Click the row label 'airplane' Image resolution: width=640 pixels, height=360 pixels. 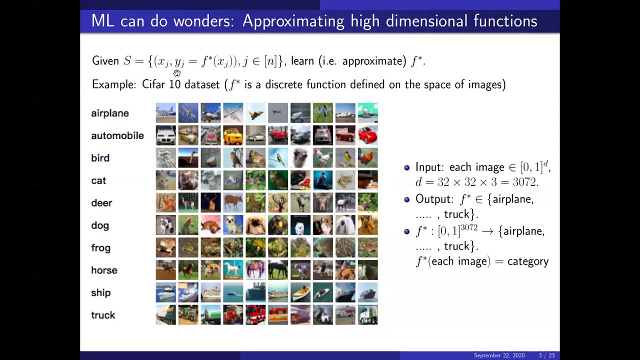110,113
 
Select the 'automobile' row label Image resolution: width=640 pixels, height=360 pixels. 117,135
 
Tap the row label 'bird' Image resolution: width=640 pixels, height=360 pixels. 100,158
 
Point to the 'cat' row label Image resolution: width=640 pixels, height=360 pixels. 98,180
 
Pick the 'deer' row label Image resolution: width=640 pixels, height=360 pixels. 101,203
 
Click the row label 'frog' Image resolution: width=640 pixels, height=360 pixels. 100,248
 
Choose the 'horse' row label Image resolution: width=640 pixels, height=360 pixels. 104,270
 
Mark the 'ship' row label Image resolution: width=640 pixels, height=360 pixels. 100,293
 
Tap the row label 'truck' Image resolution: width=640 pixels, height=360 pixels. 103,315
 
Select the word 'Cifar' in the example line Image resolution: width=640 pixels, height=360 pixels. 153,84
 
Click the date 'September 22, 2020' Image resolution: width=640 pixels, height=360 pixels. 499,355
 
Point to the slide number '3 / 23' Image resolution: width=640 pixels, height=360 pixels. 546,355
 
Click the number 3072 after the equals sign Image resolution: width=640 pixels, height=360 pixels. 524,182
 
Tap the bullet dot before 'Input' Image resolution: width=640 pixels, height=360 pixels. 406,168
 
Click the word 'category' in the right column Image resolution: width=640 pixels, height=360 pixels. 528,261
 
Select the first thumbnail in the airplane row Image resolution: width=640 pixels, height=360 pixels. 166,113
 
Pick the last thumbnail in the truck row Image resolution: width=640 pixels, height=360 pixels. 368,315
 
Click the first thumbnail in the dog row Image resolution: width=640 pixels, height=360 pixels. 166,225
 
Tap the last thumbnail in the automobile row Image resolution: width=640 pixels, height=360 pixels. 368,135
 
